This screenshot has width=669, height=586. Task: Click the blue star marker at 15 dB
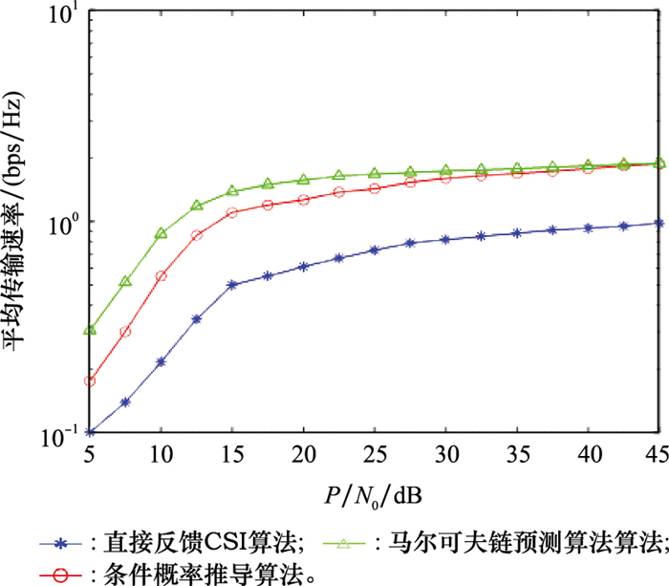click(x=232, y=285)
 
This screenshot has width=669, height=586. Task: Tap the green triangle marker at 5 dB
click(x=90, y=330)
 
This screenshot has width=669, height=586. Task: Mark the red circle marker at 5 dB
click(x=90, y=381)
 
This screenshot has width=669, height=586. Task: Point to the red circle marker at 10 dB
click(x=161, y=275)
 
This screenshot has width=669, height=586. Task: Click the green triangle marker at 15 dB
click(x=232, y=190)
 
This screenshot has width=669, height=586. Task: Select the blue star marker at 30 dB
click(x=445, y=239)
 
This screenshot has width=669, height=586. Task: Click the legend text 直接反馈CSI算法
click(x=197, y=545)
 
